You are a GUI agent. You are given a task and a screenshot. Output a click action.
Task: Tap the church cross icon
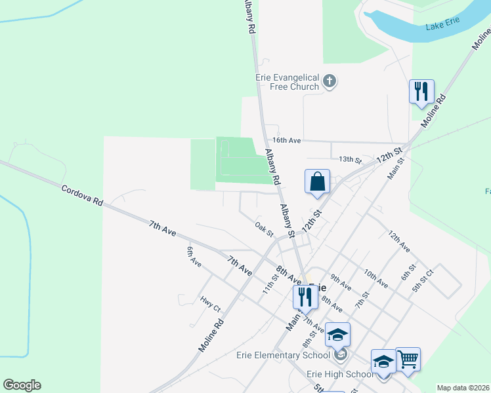(330, 82)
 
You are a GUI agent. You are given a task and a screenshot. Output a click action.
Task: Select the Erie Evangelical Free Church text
(288, 81)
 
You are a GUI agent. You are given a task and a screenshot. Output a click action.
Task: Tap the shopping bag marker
(317, 181)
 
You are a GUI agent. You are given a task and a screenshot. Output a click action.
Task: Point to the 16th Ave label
(286, 141)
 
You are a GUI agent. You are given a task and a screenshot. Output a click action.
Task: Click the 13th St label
(350, 159)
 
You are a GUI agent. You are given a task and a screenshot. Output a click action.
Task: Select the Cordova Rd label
(82, 195)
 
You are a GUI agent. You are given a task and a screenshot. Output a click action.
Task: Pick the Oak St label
(264, 229)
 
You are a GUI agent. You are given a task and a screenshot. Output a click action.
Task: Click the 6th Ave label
(194, 256)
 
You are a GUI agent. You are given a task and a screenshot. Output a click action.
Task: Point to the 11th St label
(271, 284)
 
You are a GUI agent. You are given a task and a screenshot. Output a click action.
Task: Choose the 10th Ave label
(376, 278)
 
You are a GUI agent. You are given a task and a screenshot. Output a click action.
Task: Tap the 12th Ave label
(399, 241)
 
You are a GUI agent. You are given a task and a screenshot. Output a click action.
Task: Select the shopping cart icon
(408, 358)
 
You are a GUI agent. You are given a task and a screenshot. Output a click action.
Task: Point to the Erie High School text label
(340, 374)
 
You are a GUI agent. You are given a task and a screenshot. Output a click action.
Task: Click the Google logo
(22, 385)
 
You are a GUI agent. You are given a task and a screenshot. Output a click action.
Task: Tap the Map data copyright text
(463, 388)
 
